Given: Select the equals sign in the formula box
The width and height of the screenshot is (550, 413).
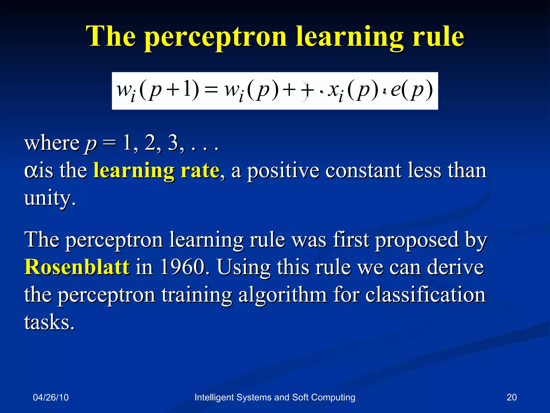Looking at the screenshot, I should (211, 91).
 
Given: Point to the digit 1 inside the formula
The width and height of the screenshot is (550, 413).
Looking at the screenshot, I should (187, 89).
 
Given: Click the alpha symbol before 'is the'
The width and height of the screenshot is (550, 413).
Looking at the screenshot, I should (31, 170).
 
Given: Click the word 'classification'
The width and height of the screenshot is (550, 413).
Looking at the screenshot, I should (425, 295).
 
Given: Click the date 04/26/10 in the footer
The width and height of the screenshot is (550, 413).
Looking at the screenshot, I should (51, 397).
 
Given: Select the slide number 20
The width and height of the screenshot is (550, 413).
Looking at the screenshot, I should (511, 397).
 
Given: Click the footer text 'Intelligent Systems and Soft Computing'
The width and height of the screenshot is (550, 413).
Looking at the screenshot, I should (275, 397).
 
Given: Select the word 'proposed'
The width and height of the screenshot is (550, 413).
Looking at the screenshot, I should (417, 240).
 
